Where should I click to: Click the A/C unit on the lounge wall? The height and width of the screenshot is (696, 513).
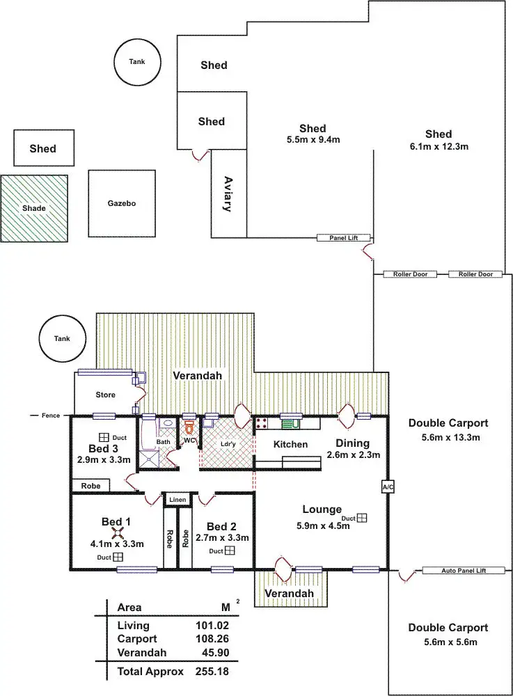pyautogui.click(x=388, y=487)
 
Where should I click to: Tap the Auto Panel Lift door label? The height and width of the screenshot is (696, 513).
pyautogui.click(x=464, y=571)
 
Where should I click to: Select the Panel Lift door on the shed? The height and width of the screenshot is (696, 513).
pyautogui.click(x=343, y=238)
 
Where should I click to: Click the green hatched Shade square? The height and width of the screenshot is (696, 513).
pyautogui.click(x=34, y=208)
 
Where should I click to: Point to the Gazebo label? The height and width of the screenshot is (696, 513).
pyautogui.click(x=122, y=203)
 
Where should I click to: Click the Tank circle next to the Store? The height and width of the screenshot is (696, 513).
pyautogui.click(x=62, y=338)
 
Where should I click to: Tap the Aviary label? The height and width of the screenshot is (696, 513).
pyautogui.click(x=228, y=194)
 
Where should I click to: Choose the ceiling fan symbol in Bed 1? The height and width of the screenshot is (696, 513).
pyautogui.click(x=116, y=533)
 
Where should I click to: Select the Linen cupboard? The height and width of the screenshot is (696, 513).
pyautogui.click(x=177, y=500)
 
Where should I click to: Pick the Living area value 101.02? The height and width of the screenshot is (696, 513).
pyautogui.click(x=212, y=626)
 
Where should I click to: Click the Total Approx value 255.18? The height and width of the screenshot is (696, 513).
pyautogui.click(x=212, y=672)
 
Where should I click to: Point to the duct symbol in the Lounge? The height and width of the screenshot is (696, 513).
pyautogui.click(x=362, y=518)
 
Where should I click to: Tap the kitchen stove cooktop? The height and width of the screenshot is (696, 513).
pyautogui.click(x=260, y=423)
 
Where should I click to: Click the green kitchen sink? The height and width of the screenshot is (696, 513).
pyautogui.click(x=291, y=423)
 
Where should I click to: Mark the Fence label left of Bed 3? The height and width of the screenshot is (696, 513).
pyautogui.click(x=51, y=416)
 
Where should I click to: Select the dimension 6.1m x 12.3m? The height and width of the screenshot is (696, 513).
pyautogui.click(x=439, y=146)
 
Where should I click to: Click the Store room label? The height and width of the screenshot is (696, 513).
pyautogui.click(x=105, y=395)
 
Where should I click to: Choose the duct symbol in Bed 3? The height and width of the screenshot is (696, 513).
pyautogui.click(x=104, y=437)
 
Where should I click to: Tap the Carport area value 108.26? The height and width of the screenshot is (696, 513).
pyautogui.click(x=212, y=639)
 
